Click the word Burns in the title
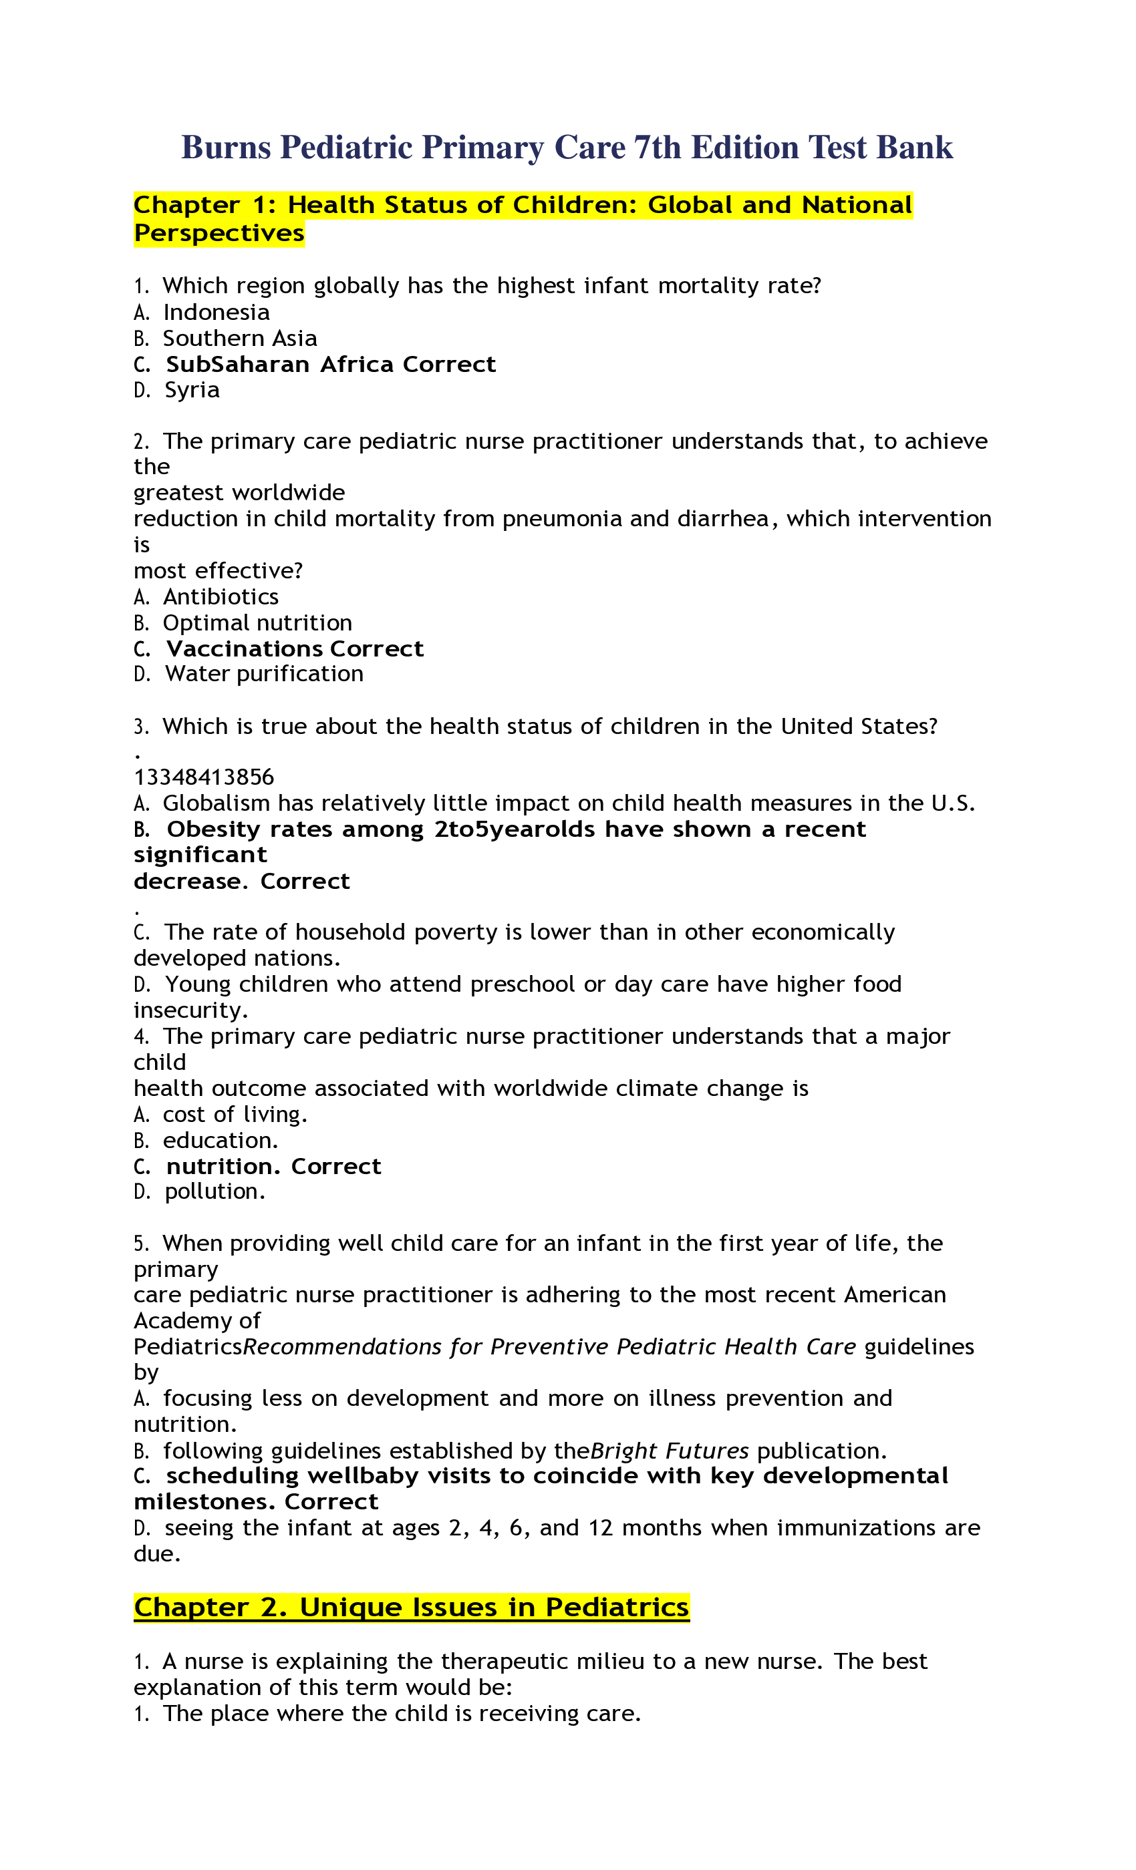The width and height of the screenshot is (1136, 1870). tap(226, 147)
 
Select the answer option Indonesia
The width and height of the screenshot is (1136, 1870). tap(217, 312)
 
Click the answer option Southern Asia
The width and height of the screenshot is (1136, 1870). tap(240, 338)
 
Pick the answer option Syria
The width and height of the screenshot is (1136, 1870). tap(192, 390)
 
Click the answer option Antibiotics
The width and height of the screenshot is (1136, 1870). tap(221, 596)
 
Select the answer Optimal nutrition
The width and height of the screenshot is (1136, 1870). tap(257, 622)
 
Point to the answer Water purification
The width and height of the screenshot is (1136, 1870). tap(264, 674)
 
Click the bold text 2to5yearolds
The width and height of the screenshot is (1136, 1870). tap(514, 829)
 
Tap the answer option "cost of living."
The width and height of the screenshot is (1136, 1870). tap(235, 1114)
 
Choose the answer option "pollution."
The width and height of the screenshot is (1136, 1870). tap(216, 1191)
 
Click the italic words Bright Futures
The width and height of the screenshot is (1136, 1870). tap(670, 1451)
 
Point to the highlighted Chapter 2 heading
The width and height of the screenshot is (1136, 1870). tap(412, 1607)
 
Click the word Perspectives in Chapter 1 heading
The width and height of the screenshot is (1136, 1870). tap(219, 233)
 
